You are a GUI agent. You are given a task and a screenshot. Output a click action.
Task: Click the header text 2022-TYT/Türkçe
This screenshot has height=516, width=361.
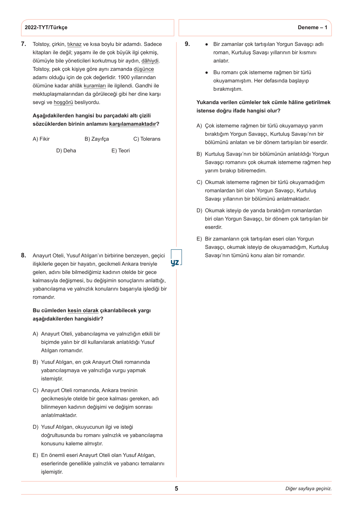46,28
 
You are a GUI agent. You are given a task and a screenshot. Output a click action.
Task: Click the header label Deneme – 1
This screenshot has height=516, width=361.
312,28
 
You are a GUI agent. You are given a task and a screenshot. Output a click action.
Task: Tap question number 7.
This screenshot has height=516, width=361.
24,44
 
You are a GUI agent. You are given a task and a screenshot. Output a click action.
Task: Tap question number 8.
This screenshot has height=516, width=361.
24,255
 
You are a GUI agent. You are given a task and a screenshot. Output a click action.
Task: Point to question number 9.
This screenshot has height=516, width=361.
187,44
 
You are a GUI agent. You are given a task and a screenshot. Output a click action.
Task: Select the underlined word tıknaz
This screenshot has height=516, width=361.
74,44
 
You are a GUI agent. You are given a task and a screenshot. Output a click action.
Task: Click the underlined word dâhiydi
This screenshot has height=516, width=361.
150,61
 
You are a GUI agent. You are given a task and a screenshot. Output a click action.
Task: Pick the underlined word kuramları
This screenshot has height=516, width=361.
95,86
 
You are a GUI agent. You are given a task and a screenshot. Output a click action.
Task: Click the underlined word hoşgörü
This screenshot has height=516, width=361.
63,103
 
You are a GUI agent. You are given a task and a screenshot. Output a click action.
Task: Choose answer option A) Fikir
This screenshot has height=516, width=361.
41,139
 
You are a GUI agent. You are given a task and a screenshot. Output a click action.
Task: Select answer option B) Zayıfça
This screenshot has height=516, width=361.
97,139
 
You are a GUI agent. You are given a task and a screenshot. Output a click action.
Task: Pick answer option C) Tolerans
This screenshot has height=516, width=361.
147,139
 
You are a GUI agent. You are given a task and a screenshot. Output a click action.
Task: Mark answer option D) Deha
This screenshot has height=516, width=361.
66,151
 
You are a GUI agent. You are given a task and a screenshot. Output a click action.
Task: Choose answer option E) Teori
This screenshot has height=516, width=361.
121,151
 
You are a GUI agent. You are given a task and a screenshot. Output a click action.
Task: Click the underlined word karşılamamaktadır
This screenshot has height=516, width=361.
132,124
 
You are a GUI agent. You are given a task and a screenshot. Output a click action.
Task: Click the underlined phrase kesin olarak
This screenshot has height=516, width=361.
83,311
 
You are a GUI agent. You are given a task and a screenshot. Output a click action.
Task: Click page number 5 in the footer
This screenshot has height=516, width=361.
176,489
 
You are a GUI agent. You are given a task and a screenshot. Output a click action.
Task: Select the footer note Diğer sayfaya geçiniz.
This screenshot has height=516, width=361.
308,489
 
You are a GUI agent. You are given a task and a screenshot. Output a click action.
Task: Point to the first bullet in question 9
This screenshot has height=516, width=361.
207,44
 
